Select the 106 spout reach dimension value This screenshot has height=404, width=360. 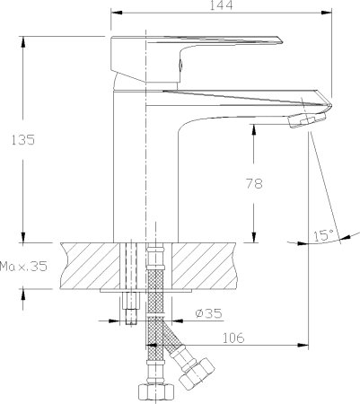point(232,338)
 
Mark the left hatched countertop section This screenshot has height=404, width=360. point(90,264)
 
